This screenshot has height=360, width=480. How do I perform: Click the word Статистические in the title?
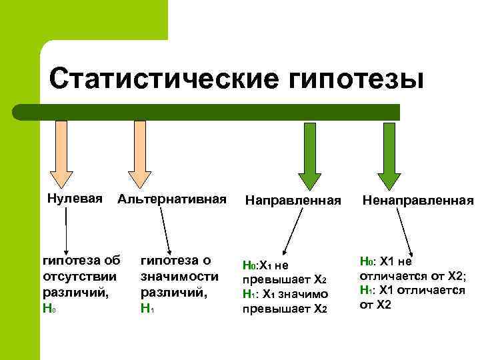163,78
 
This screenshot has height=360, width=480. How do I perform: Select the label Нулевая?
75,198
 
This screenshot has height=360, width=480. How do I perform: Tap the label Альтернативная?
171,199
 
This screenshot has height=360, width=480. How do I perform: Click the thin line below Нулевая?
66,227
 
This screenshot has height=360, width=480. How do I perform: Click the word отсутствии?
79,276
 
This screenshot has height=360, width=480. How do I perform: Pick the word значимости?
179,276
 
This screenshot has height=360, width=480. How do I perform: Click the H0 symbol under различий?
47,309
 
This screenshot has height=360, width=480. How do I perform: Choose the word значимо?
303,294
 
